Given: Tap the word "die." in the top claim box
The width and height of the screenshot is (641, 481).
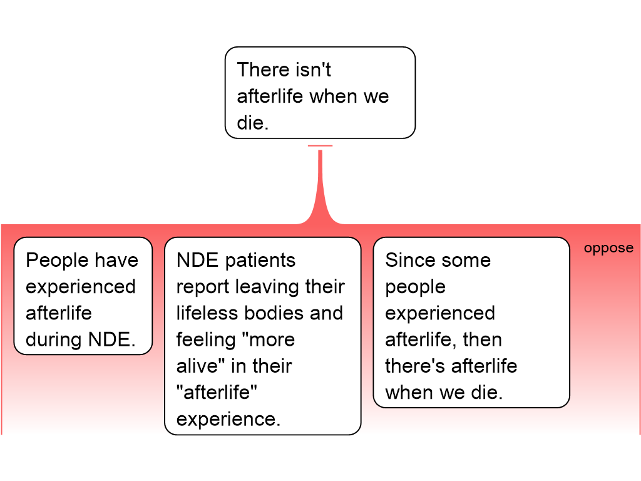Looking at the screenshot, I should pyautogui.click(x=252, y=123).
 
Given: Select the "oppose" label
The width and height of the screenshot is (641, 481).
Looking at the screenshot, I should pyautogui.click(x=608, y=248).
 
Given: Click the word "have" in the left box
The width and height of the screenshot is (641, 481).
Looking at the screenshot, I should pyautogui.click(x=116, y=260).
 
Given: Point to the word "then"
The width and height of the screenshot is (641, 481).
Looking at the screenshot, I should pyautogui.click(x=482, y=339).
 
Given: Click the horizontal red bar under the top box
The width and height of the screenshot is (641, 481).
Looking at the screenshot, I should pyautogui.click(x=320, y=146).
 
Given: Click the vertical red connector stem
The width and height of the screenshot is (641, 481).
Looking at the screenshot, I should pyautogui.click(x=320, y=182).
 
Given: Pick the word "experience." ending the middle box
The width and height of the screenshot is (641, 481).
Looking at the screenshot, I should pyautogui.click(x=228, y=418).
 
